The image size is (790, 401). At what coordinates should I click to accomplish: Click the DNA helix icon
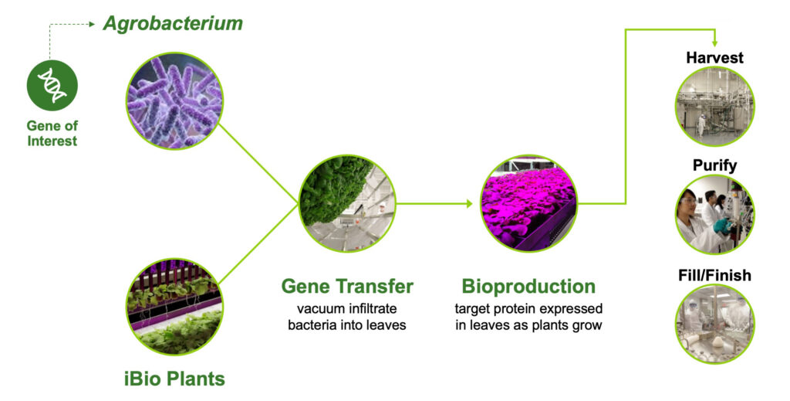(52, 85)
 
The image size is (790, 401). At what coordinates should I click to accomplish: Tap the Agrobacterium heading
(173, 24)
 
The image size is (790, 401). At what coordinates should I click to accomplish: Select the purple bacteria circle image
(174, 101)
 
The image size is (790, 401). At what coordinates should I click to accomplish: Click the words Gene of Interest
(52, 133)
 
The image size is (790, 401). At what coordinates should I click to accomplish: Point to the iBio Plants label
(174, 379)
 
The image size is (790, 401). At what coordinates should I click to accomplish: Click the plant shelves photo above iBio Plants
(174, 307)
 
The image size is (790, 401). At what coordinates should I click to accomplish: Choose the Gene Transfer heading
(347, 286)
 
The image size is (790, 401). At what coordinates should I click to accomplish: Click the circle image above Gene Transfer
(347, 203)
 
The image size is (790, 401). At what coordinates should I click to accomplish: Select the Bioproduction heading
(528, 286)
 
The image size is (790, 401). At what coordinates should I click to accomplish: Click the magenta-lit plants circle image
(529, 203)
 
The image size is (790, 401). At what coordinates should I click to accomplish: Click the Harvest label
(714, 57)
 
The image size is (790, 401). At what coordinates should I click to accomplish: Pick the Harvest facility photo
(714, 107)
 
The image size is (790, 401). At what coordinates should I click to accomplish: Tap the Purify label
(714, 165)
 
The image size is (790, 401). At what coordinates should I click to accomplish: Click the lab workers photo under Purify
(714, 214)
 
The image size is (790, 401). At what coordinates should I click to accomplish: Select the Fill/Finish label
(714, 275)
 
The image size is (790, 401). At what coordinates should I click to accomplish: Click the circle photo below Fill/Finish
(714, 324)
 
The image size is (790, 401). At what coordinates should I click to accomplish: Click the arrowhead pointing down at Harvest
(714, 43)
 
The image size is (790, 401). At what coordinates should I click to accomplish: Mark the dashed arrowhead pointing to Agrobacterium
(92, 24)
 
